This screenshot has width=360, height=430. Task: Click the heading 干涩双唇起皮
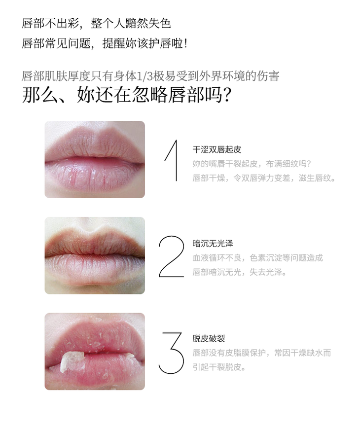click(x=216, y=149)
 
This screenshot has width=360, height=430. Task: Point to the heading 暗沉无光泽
click(x=213, y=243)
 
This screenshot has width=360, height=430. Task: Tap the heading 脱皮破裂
click(x=209, y=338)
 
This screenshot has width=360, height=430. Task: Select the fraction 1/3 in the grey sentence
click(x=144, y=76)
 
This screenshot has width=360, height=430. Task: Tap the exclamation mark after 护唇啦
click(x=186, y=43)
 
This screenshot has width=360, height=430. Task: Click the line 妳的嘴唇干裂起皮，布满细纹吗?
click(x=252, y=164)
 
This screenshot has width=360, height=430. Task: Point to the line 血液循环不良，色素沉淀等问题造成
click(x=257, y=258)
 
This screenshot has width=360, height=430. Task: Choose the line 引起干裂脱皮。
click(x=219, y=367)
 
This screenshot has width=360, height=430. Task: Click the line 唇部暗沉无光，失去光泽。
click(x=239, y=272)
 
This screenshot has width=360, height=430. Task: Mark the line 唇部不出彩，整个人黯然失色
click(x=96, y=23)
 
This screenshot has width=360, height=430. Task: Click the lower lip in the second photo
click(x=95, y=267)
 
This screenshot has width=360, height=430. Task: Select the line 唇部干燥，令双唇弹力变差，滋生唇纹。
click(x=264, y=178)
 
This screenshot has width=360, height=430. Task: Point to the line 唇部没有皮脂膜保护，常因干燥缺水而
click(x=261, y=353)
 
